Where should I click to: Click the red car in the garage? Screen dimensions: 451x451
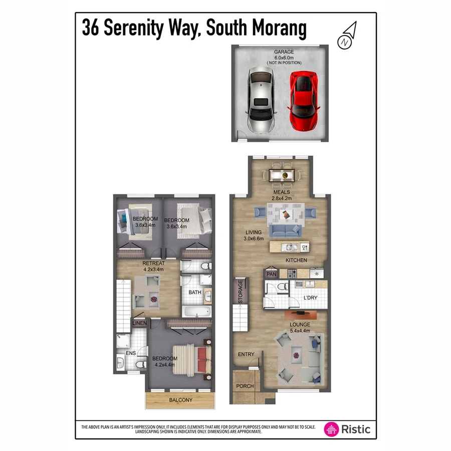pos(302,100)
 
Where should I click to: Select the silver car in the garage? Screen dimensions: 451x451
pos(260,100)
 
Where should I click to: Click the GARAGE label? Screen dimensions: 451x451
pos(283,52)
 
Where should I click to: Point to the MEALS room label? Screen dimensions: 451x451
pos(282,192)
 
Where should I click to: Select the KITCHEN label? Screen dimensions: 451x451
pos(296,260)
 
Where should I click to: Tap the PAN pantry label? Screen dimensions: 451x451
pos(272,274)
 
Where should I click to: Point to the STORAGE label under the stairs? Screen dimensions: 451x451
pos(241,292)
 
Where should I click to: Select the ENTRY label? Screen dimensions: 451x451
pos(246,354)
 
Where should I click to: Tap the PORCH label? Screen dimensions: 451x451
pos(245,386)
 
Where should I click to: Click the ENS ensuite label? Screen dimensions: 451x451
pos(130,353)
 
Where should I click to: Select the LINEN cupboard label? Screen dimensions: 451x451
pos(140,323)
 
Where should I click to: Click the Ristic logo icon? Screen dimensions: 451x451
pos(331,429)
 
